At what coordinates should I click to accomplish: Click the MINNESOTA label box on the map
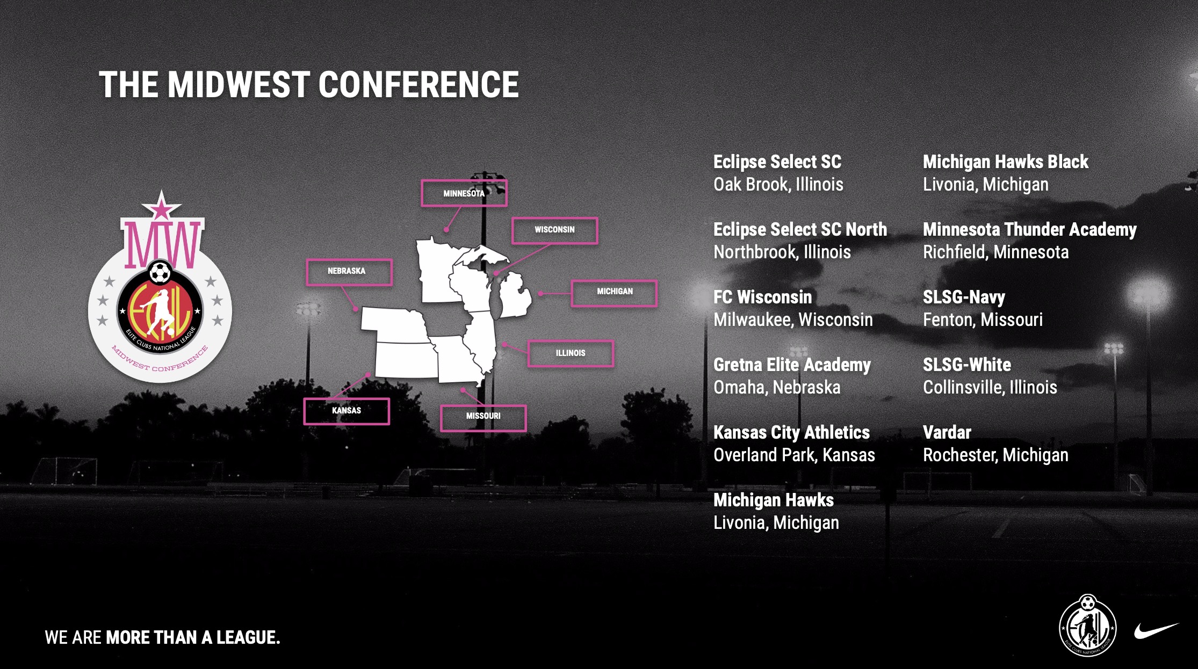(464, 193)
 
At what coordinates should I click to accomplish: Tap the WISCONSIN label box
(554, 230)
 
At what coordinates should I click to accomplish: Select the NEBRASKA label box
(349, 272)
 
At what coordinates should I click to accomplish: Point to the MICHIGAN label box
(614, 293)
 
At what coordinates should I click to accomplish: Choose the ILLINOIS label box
(571, 353)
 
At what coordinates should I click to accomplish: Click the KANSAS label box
(347, 411)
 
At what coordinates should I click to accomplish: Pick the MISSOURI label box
(483, 418)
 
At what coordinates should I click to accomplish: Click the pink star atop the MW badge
(161, 205)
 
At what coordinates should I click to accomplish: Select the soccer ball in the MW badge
(160, 272)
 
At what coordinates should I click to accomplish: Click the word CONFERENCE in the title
(418, 85)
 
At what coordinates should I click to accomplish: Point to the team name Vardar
(947, 432)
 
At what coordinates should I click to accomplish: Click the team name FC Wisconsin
(762, 297)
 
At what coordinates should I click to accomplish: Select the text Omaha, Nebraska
(777, 387)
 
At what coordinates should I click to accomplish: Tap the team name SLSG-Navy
(964, 297)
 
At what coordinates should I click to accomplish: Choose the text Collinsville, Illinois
(990, 387)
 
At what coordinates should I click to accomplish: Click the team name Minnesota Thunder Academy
(1029, 230)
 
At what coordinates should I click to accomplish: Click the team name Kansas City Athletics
(791, 432)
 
